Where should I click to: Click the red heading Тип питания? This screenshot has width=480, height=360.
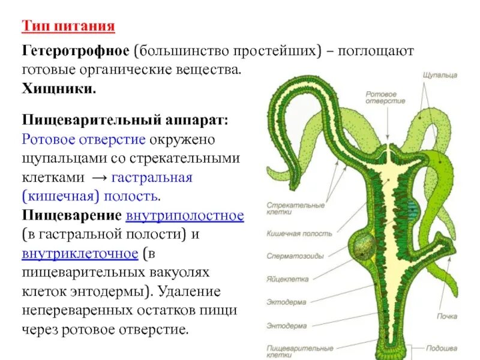68,27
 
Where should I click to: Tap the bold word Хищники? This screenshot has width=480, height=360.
59,89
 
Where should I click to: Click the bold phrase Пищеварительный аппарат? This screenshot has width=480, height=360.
125,121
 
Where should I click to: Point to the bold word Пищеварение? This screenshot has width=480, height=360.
73,216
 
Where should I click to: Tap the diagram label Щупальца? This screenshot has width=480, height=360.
440,75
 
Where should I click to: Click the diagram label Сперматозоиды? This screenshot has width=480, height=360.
295,256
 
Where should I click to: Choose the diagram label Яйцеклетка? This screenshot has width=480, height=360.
288,279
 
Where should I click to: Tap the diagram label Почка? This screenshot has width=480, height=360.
447,316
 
